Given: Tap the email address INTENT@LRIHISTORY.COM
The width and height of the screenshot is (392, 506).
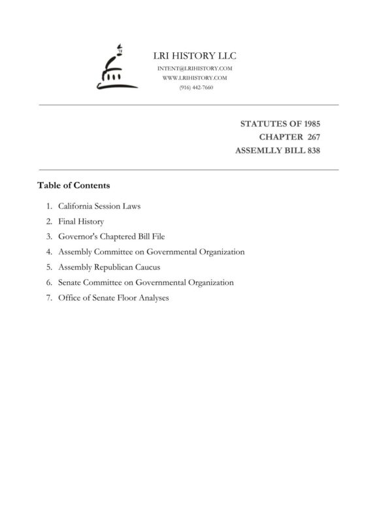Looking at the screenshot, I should pos(195,68).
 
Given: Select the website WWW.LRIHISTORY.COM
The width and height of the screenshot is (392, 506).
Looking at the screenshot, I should pos(195,78).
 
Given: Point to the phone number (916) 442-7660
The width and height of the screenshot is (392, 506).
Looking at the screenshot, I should pos(195,87).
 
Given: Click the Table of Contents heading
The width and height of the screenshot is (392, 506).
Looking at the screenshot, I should pos(73,185).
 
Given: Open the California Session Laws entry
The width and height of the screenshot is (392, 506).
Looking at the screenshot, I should pos(99,206).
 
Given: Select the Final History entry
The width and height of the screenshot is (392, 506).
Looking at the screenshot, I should pos(81,221).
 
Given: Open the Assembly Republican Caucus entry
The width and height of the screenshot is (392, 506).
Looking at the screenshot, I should pos(109,267).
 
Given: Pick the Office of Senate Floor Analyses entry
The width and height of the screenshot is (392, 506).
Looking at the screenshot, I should pos(113,298).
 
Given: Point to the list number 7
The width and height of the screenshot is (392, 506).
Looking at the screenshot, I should pos(48,298).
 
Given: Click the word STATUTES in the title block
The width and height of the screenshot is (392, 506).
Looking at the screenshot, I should pos(264,123).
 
